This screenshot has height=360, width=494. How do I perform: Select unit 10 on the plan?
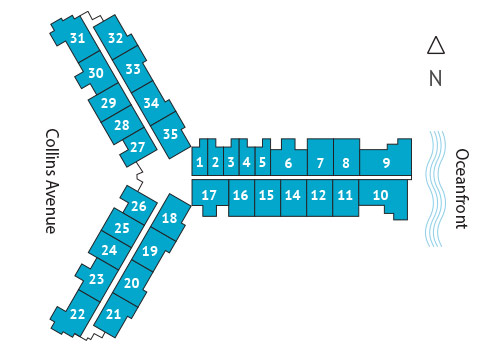click(x=378, y=196)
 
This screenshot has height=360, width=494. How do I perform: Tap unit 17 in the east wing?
click(x=209, y=195)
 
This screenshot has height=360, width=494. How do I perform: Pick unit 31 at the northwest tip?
click(x=78, y=38)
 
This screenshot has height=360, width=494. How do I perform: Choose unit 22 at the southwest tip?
click(x=78, y=313)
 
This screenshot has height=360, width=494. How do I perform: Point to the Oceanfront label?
click(x=461, y=189)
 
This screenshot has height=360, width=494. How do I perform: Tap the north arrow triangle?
click(x=435, y=45)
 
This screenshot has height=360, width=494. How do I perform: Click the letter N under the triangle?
click(x=435, y=78)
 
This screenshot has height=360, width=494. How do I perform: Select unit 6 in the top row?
click(x=288, y=162)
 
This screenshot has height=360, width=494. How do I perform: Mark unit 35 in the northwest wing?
click(x=170, y=134)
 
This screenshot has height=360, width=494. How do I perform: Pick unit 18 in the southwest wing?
click(x=169, y=218)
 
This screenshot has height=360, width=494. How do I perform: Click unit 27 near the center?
click(x=138, y=147)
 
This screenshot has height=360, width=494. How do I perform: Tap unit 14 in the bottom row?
click(x=292, y=196)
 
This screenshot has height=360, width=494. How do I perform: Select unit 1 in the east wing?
click(x=200, y=162)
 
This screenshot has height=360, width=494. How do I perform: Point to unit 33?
click(x=133, y=70)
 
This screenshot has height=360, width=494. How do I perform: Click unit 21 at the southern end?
click(x=113, y=313)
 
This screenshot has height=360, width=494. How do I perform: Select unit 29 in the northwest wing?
click(x=108, y=103)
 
